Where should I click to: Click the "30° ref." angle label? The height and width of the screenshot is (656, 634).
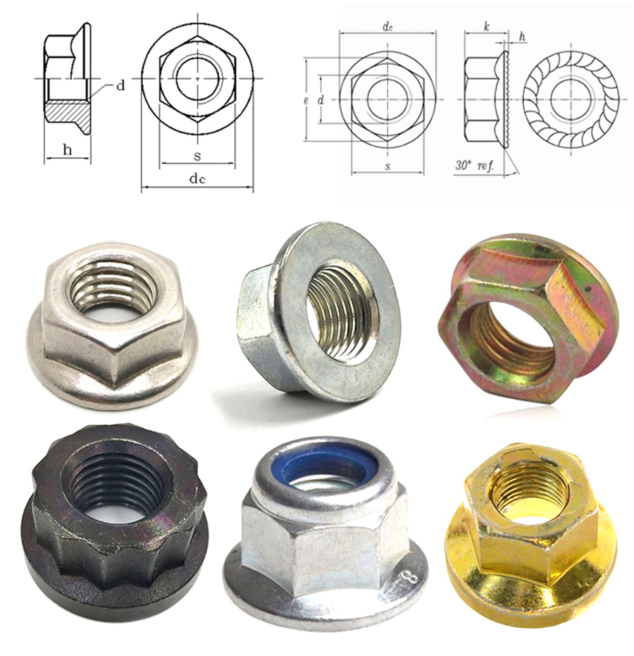point(474,166)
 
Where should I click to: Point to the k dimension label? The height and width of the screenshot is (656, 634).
point(486,27)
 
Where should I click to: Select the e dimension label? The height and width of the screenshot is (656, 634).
point(306,100)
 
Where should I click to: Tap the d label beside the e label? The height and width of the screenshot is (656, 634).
point(321,100)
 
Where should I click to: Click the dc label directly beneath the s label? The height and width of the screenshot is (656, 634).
point(197,179)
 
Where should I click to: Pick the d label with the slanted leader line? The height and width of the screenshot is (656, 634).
point(120,86)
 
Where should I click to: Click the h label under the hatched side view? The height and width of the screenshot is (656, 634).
point(68,149)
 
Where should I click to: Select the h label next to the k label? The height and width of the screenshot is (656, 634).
point(522,37)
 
